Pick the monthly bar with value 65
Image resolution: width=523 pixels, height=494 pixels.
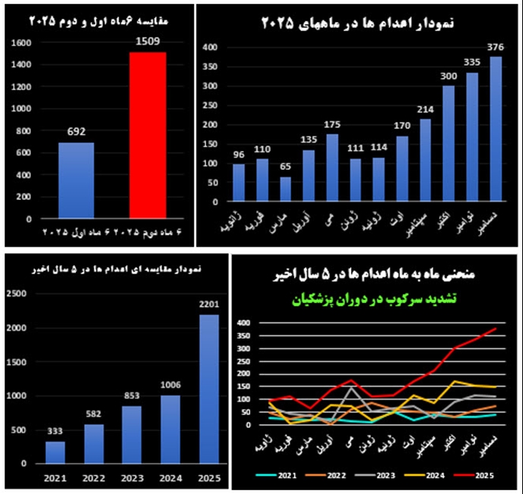285,191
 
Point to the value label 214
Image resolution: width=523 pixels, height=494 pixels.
425,109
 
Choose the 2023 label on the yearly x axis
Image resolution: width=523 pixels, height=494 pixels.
132,479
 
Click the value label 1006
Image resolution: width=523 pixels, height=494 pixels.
171,385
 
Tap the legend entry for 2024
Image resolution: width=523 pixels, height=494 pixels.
431,475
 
